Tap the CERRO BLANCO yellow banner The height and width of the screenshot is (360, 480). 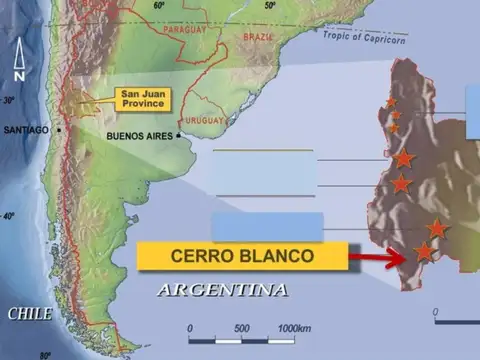pos(243,256)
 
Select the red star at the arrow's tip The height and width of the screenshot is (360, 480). pos(424,252)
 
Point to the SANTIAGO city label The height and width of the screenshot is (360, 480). pos(26,130)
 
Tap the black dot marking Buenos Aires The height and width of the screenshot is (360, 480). pos(179,135)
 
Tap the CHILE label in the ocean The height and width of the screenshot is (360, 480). pos(30,313)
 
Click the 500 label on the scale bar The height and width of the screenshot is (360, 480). pos(242,327)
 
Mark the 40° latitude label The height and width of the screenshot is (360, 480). pos(9,217)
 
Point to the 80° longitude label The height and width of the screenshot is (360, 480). pos(44,354)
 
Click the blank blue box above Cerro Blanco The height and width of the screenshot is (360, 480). pos(267,226)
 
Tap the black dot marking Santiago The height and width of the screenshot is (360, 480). pos(59,130)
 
